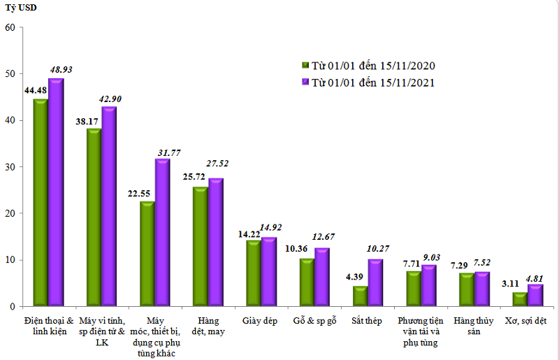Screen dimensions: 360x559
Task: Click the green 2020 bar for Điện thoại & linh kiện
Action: [41, 203]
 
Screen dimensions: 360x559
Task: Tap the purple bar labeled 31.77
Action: [162, 233]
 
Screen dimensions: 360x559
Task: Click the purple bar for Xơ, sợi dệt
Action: [535, 295]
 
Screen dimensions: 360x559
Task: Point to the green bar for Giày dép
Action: [253, 273]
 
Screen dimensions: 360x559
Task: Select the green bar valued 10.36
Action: [306, 282]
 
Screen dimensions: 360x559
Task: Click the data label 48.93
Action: [60, 70]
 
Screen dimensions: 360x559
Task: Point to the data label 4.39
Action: [356, 278]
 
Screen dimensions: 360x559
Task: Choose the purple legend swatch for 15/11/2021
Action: [305, 82]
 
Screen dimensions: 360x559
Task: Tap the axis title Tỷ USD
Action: [21, 8]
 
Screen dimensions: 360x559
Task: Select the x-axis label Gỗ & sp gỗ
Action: [315, 320]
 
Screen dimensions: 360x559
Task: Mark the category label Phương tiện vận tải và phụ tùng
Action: [420, 331]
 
